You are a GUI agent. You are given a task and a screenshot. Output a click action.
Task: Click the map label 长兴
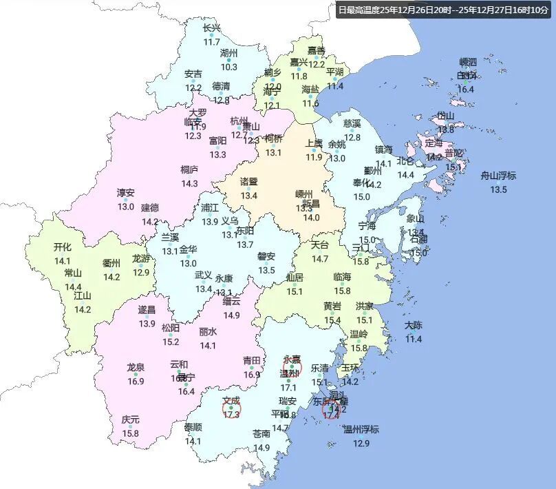pyautogui.click(x=212, y=28)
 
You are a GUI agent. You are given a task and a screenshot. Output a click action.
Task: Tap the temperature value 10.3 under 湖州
pyautogui.click(x=229, y=67)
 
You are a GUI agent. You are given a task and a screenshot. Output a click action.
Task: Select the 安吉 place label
pyautogui.click(x=193, y=74)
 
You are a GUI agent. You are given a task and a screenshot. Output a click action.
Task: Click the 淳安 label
pyautogui.click(x=126, y=193)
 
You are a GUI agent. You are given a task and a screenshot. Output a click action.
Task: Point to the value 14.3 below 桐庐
pyautogui.click(x=189, y=184)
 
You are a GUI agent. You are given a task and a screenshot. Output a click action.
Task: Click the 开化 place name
pyautogui.click(x=63, y=247)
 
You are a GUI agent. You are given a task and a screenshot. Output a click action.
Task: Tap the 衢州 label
pyautogui.click(x=111, y=263)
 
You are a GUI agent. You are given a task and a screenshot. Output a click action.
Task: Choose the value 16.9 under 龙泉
pyautogui.click(x=136, y=382)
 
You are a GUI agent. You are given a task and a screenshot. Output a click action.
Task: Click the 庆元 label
pyautogui.click(x=130, y=419)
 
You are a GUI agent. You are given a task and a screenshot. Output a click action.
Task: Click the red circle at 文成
pyautogui.click(x=232, y=409)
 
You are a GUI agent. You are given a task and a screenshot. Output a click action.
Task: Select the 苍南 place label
pyautogui.click(x=261, y=434)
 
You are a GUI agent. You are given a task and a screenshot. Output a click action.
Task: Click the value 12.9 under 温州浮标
pyautogui.click(x=361, y=444)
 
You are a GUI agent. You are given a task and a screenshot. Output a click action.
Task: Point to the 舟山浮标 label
pyautogui.click(x=498, y=176)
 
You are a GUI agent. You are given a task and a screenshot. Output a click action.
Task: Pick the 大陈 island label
pyautogui.click(x=414, y=325)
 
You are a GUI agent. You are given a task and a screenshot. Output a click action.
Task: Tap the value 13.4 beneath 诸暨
pyautogui.click(x=248, y=196)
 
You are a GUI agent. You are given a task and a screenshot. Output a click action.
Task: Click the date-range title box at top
pyautogui.click(x=443, y=10)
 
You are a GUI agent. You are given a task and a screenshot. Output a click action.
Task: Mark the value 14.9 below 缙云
pyautogui.click(x=232, y=315)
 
